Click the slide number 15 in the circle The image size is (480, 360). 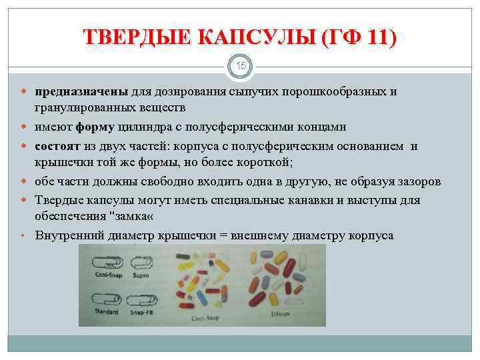[x=240, y=67]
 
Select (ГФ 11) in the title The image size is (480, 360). [x=358, y=37]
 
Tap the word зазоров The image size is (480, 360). [x=419, y=182]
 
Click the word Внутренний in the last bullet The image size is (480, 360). [x=71, y=235]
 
